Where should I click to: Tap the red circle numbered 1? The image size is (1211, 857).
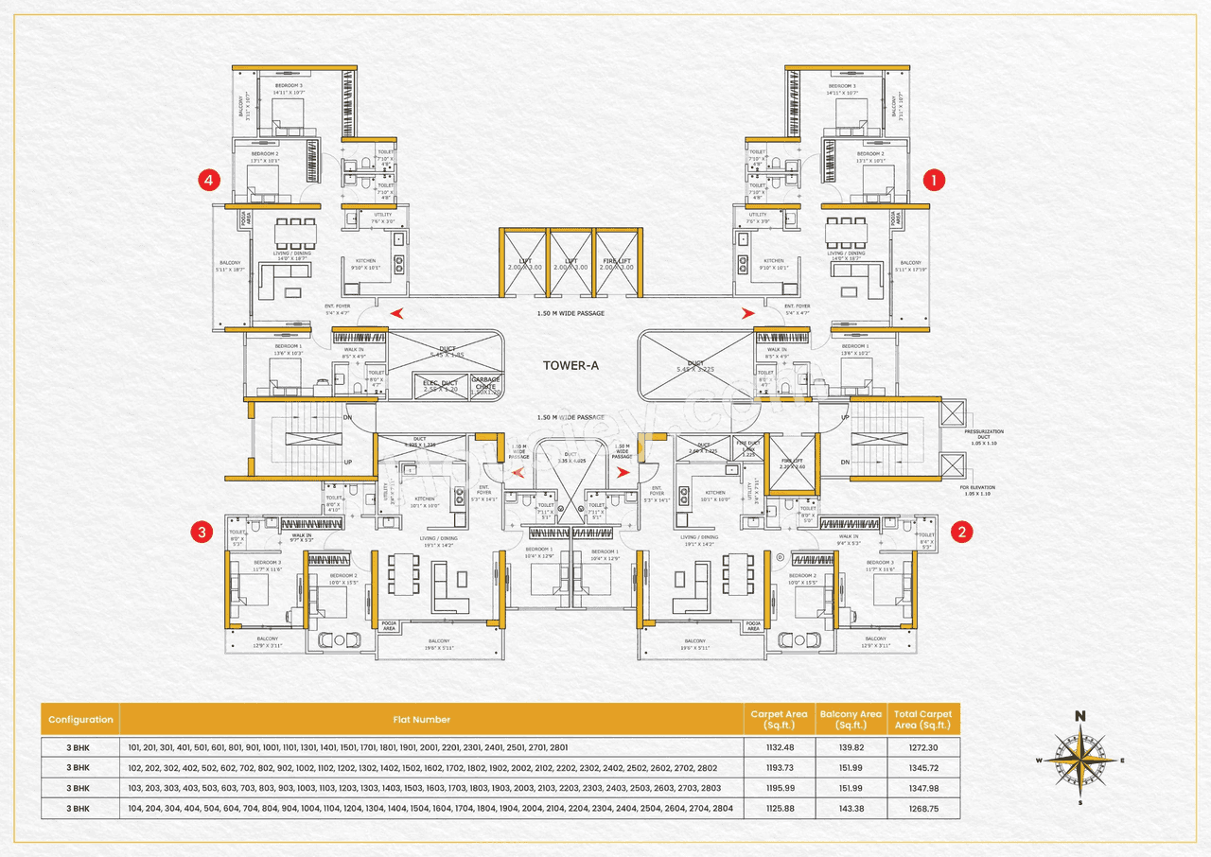tap(934, 179)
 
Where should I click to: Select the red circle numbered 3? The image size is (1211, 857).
tap(201, 532)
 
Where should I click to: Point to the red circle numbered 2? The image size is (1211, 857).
tap(961, 532)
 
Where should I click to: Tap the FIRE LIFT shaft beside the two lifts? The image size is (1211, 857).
tap(619, 263)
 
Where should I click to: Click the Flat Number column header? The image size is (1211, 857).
tap(422, 719)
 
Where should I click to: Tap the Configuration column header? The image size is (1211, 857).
tap(80, 719)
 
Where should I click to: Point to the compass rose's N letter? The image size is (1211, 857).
tap(1079, 716)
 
